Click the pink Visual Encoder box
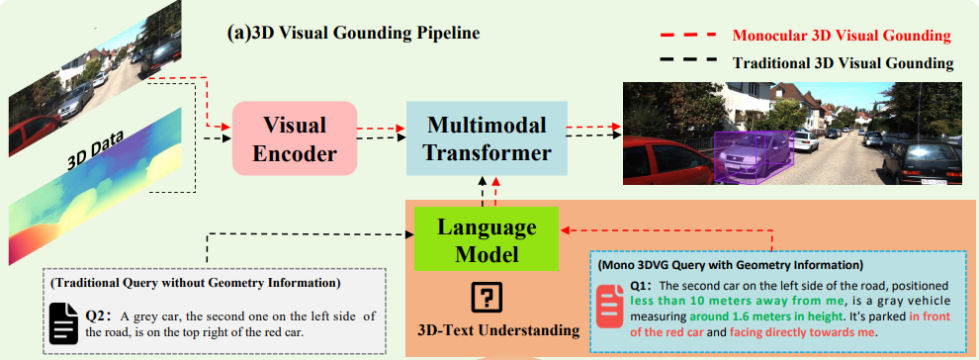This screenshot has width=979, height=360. pos(294,140)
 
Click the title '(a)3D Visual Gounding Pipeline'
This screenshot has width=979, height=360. pos(354,33)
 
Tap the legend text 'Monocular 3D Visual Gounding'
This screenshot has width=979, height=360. pos(842,36)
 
